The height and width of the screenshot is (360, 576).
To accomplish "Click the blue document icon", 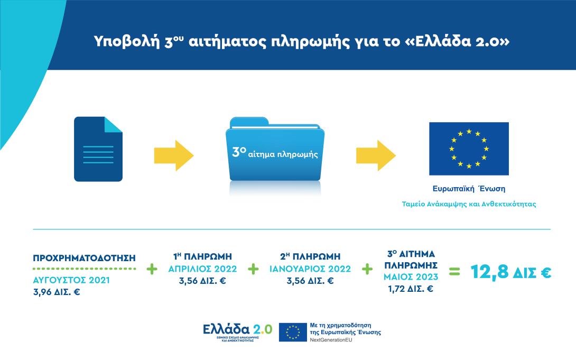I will (98, 149).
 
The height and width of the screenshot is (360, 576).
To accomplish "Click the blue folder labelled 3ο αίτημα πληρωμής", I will (275, 152).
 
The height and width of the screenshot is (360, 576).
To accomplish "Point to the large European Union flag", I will (469, 149).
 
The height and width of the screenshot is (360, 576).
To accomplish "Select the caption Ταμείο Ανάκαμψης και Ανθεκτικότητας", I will (469, 204).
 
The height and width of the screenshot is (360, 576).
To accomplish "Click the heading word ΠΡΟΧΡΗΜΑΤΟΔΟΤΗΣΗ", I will (85, 258).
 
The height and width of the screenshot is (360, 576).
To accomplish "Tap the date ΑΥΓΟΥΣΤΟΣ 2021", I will (71, 280).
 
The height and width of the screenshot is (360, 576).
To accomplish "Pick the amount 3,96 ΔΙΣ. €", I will (56, 291).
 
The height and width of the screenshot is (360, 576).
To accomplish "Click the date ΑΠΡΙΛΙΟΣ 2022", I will (202, 269).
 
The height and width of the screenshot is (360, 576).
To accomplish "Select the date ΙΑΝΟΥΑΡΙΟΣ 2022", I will (310, 269).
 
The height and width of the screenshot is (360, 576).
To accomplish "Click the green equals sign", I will (454, 273).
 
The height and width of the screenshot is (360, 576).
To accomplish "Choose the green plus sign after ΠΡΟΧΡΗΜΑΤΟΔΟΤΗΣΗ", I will (152, 269).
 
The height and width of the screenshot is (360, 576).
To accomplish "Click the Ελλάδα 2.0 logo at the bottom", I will (237, 331).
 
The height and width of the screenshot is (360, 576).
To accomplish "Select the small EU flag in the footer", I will (293, 331).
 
